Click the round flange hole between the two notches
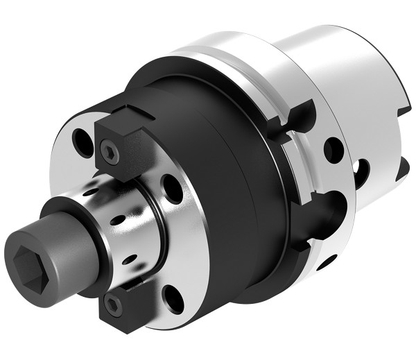[333, 149]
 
